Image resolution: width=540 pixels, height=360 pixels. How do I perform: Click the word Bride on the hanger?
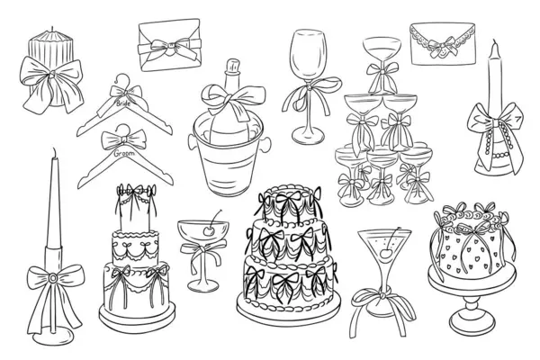click(x=123, y=103)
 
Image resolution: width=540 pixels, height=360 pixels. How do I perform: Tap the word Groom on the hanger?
click(x=124, y=153)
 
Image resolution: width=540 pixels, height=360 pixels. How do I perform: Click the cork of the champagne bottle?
click(x=232, y=66)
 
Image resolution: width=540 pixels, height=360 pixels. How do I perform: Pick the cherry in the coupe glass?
click(x=209, y=230)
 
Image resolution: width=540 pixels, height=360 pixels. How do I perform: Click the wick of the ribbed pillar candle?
click(x=52, y=29)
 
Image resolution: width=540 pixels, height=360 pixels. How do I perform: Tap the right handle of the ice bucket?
click(x=265, y=144)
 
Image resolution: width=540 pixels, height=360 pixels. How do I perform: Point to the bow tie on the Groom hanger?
click(x=123, y=139)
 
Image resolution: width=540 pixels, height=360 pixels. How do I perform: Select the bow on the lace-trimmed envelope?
click(x=443, y=47)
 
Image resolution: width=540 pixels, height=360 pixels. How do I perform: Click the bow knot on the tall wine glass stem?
click(x=310, y=86)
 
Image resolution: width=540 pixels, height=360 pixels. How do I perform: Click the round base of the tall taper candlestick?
click(x=52, y=337)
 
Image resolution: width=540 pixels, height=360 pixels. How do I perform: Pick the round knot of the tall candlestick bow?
click(x=53, y=277)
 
